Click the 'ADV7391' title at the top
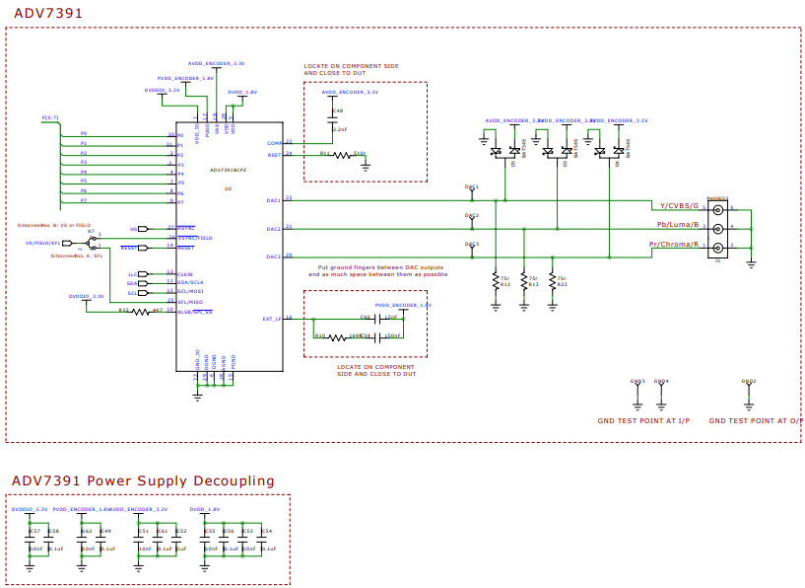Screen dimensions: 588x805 tap(47, 13)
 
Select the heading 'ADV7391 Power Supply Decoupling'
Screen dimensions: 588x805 tap(143, 480)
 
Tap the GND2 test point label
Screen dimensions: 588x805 tap(749, 381)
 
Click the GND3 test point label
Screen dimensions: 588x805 tap(637, 381)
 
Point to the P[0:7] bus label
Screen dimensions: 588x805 tap(50, 117)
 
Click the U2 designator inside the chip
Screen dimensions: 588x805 tap(228, 187)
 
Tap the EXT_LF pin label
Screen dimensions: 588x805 tap(273, 318)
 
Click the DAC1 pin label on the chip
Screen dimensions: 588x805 tap(274, 200)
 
